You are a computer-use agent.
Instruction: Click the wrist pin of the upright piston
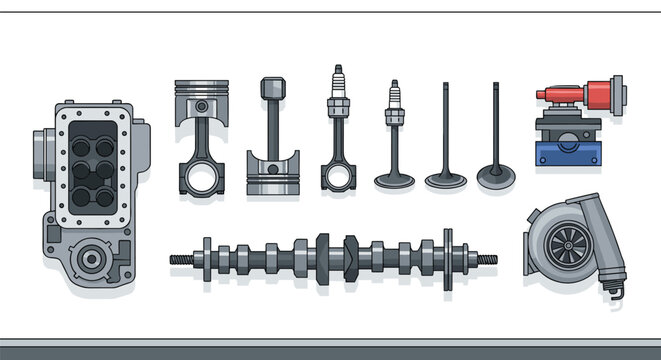pos(201,105)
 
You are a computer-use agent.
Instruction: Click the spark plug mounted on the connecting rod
pos(338,90)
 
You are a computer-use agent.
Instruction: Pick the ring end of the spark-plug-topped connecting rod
pos(338,176)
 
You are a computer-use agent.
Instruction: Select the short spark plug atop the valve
pos(394,105)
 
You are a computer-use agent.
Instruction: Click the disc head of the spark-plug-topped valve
pos(394,181)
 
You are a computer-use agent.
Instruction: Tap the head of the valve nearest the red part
pos(495,180)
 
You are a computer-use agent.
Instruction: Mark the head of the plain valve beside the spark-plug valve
pos(445,181)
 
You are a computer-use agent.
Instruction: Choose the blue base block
pos(569,152)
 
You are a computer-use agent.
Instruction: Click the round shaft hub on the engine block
pos(91,259)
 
